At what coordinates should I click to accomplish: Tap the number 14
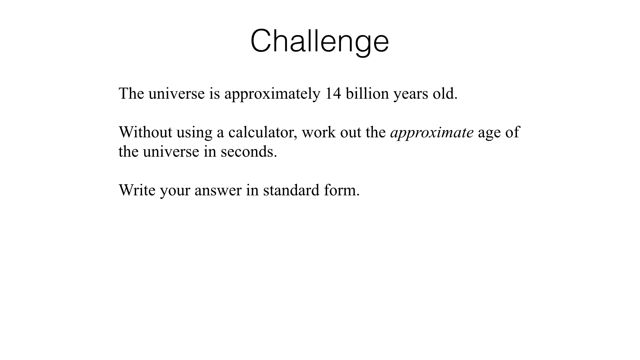pyautogui.click(x=333, y=93)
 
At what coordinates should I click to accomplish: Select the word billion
pyautogui.click(x=367, y=93)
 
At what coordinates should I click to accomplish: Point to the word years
pyautogui.click(x=411, y=95)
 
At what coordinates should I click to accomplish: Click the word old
pyautogui.click(x=445, y=93)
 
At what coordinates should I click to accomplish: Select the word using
pyautogui.click(x=194, y=133)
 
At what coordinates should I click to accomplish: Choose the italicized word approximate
pyautogui.click(x=432, y=133)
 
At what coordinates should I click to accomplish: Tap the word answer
pyautogui.click(x=218, y=191)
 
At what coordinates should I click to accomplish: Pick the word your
pyautogui.click(x=175, y=192)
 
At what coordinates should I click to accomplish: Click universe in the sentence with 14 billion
pyautogui.click(x=176, y=93)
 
